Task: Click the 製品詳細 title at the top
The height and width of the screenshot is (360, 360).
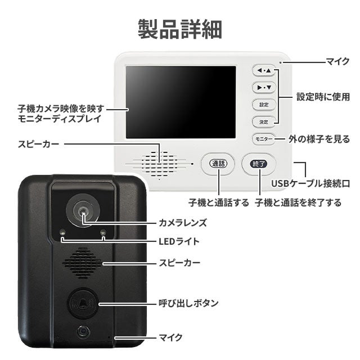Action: [180, 29]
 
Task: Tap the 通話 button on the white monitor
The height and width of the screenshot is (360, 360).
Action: [218, 164]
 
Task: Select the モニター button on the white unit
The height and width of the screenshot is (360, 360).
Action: [264, 139]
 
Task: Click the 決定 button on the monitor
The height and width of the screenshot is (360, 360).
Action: [264, 121]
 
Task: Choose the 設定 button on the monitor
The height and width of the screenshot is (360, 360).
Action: [264, 105]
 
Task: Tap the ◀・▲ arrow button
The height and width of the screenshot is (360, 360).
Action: [264, 70]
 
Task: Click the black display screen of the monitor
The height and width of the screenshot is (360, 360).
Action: [181, 102]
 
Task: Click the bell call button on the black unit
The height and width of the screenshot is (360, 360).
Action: [83, 304]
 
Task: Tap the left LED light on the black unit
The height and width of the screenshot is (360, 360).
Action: [62, 232]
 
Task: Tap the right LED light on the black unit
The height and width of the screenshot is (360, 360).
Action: [103, 232]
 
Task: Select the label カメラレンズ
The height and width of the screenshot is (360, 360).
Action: [183, 223]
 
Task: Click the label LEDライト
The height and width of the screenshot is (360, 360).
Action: [179, 241]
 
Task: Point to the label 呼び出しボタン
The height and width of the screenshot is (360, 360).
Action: [188, 303]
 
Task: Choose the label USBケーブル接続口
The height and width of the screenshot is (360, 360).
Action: [310, 183]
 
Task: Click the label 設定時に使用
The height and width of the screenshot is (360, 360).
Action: [323, 97]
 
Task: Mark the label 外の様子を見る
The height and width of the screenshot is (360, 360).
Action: [319, 139]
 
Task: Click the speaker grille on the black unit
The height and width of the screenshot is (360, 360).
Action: [82, 263]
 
